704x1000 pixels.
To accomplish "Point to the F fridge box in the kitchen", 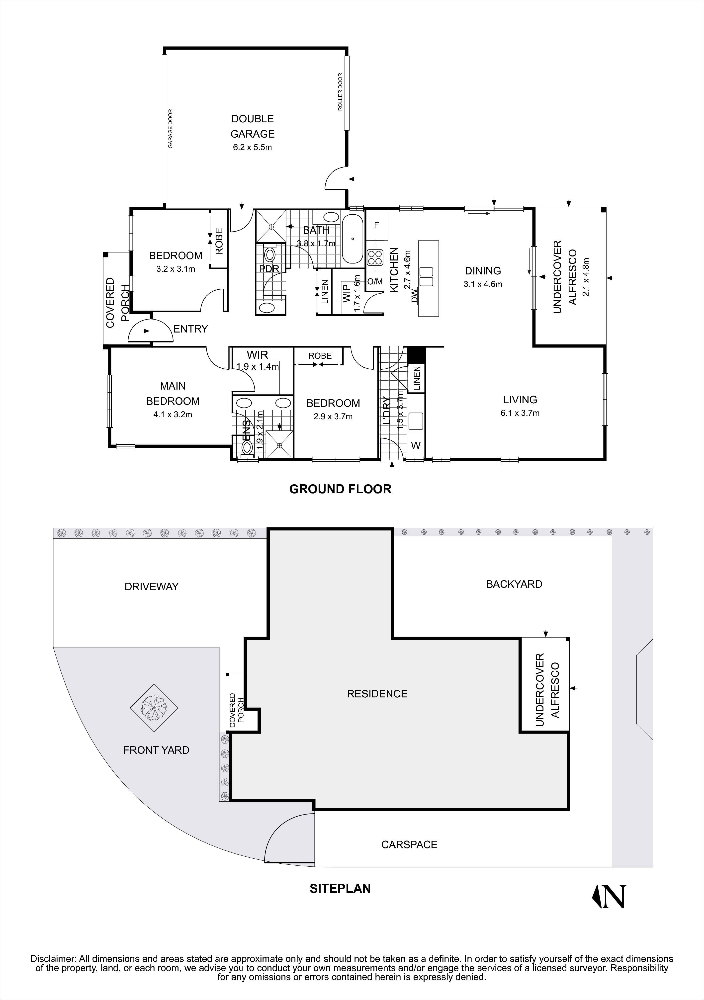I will click(377, 225).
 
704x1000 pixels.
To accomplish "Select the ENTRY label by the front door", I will click(190, 329).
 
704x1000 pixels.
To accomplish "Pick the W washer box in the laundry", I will click(416, 446).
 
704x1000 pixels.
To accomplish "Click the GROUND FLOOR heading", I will click(340, 489).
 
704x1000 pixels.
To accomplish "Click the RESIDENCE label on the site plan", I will click(377, 694).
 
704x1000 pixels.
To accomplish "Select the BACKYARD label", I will click(514, 584).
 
